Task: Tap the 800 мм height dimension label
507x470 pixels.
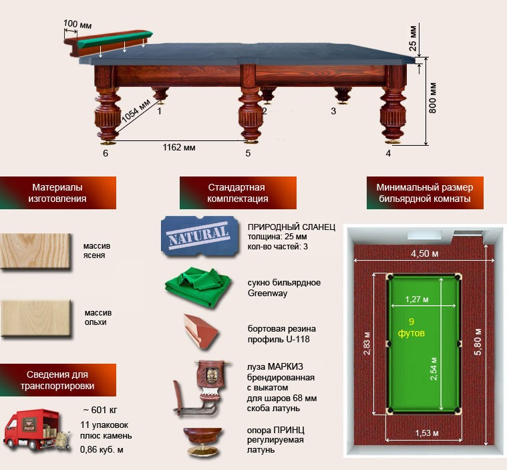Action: (433, 98)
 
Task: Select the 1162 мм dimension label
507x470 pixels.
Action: (179, 146)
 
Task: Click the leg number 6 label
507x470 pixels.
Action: (106, 153)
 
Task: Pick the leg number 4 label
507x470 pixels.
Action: (388, 153)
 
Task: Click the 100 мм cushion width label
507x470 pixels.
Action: (77, 24)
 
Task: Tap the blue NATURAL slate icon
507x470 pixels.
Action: (200, 235)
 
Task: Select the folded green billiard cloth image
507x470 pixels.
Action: (198, 287)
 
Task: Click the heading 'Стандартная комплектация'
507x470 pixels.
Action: (237, 193)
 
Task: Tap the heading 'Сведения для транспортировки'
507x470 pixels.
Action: (58, 380)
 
